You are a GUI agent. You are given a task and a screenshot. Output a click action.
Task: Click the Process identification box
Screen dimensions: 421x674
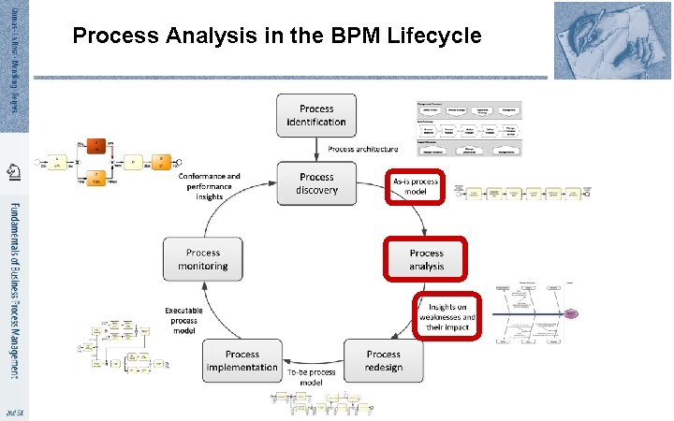(316, 115)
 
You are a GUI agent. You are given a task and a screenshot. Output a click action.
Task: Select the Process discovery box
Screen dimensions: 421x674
(316, 183)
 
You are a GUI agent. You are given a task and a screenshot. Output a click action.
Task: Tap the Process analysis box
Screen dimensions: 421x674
(426, 259)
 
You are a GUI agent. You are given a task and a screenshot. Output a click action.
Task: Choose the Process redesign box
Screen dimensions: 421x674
(383, 360)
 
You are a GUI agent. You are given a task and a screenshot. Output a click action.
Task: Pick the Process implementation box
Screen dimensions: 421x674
(242, 360)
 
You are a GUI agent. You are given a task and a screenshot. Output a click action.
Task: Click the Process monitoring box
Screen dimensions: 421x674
(203, 259)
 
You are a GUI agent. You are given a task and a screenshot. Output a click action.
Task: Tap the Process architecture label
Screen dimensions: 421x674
(362, 149)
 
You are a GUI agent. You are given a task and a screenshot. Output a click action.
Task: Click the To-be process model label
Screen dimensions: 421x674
(312, 377)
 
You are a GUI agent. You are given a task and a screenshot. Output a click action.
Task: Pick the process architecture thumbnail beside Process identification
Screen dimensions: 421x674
(468, 127)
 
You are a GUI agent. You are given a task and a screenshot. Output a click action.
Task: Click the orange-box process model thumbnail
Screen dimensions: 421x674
(104, 163)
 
